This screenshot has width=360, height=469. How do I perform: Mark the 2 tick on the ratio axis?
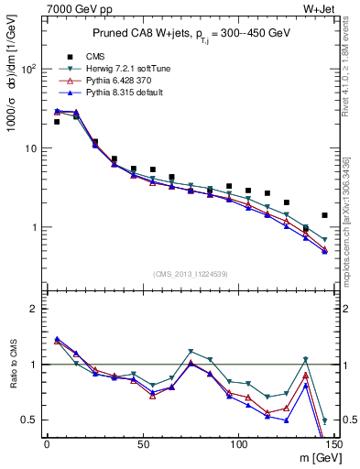point(35,309)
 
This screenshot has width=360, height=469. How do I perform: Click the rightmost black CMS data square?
point(325,215)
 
